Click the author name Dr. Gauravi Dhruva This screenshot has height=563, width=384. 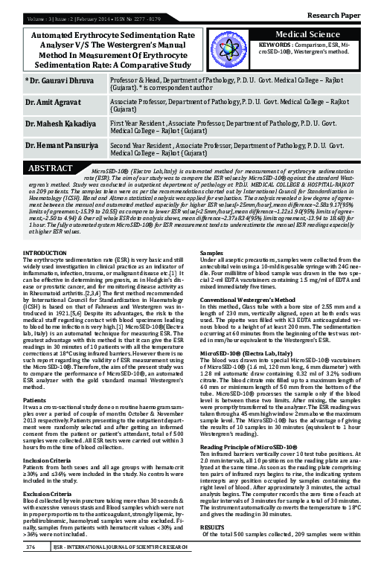[x=59, y=80]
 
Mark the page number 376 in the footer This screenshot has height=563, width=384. [x=31, y=547]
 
